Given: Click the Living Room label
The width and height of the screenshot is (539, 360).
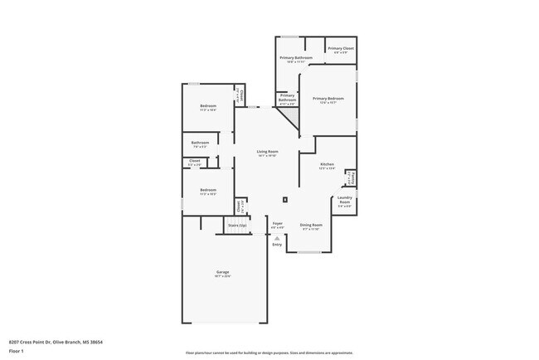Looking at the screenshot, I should click(267, 151).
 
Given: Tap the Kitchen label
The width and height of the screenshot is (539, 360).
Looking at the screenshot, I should click(328, 163).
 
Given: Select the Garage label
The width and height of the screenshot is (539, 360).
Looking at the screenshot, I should click(223, 272).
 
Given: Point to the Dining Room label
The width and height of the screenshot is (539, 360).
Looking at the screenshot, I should click(311, 224).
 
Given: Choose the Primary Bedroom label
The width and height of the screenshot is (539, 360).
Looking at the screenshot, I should click(328, 99).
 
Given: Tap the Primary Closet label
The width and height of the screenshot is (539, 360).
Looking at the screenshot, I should click(340, 49).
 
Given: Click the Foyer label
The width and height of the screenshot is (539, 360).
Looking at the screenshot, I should click(278, 223).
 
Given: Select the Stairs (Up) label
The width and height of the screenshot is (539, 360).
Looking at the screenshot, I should click(237, 225).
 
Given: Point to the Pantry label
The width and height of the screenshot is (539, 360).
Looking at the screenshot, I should click(352, 177).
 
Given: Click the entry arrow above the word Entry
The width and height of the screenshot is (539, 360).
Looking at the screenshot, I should click(277, 238).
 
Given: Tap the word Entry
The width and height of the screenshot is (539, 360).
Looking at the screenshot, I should click(277, 245).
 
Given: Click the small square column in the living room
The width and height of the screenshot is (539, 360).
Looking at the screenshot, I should click(285, 199).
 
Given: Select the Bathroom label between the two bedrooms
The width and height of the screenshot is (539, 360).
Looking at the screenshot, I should click(201, 143).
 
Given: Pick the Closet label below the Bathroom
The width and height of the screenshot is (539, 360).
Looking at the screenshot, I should click(195, 161).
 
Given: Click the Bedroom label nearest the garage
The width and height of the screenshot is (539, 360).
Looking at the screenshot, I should click(208, 190).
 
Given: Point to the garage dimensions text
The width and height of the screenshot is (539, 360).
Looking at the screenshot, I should click(223, 277).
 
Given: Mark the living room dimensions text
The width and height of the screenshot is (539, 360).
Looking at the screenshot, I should click(267, 156).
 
